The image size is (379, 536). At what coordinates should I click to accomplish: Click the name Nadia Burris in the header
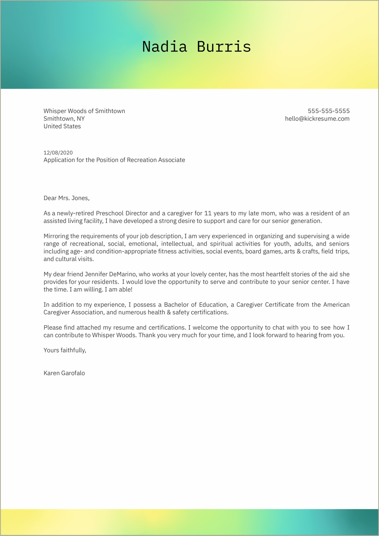pos(196,47)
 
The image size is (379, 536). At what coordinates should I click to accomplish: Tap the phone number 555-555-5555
pos(329,111)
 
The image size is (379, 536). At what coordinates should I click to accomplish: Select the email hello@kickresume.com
pos(317,119)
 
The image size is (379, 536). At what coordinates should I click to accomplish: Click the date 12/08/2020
pos(58,153)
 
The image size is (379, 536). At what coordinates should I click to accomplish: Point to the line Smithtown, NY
pos(64,119)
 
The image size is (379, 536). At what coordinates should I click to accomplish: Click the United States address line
pos(62,126)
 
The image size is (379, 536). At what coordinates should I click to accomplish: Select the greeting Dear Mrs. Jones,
pos(66,198)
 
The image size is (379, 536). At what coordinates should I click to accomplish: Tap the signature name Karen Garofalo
pos(64,373)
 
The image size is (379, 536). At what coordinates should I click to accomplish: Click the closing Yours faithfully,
pos(65,350)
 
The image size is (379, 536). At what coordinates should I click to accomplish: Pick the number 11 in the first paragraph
pos(208,213)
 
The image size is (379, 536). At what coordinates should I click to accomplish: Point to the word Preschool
pos(109,213)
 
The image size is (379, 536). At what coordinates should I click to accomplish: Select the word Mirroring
pos(56,236)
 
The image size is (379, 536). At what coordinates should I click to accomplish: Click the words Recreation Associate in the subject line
pos(156,160)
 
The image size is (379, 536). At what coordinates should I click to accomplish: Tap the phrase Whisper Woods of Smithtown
pos(84,111)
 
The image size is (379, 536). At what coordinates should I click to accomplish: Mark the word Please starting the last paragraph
pos(53,328)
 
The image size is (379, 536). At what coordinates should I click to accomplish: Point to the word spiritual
pos(221,244)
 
